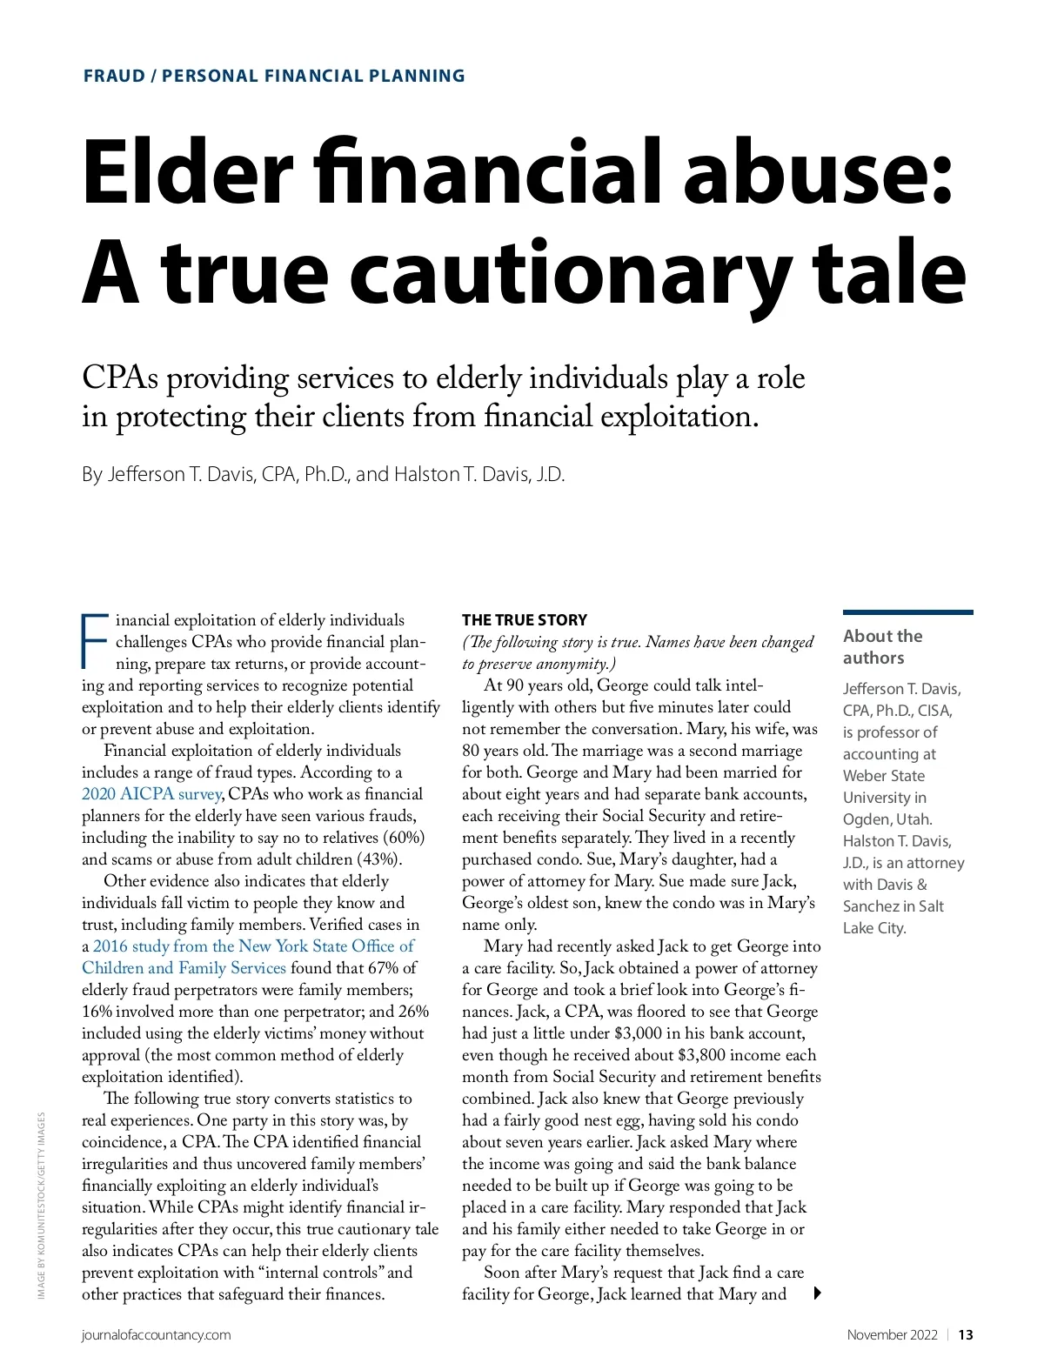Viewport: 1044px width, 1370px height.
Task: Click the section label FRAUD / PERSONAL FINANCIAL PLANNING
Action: [x=274, y=76]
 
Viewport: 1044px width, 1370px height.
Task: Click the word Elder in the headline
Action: [x=187, y=171]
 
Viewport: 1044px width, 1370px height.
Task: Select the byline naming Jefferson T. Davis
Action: [x=323, y=474]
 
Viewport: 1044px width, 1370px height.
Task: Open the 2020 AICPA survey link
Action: [x=152, y=794]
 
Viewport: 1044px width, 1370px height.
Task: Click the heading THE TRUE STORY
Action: [x=525, y=620]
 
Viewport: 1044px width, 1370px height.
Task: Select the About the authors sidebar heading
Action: [x=882, y=647]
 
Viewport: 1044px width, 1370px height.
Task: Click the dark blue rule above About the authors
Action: [x=907, y=612]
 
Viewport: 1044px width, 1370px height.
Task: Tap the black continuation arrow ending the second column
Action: [x=817, y=1293]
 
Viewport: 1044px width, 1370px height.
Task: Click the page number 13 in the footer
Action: [x=966, y=1335]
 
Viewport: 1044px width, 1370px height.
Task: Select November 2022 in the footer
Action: [x=892, y=1335]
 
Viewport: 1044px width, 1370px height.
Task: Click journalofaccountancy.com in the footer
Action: [x=157, y=1335]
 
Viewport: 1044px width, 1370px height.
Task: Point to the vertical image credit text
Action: [x=41, y=1206]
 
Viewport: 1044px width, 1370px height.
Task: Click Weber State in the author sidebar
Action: [x=883, y=776]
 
